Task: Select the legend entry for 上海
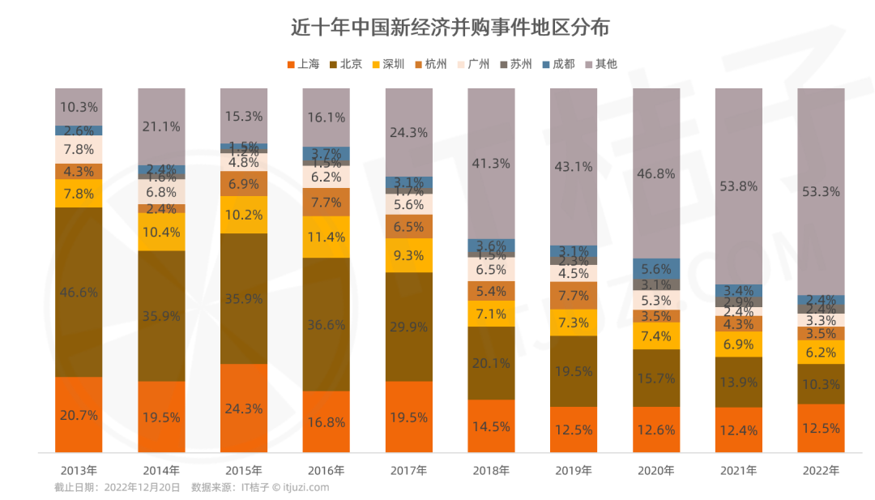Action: (303, 63)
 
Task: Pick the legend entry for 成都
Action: (558, 63)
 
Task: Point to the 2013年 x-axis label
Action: (79, 470)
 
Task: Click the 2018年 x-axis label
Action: (491, 470)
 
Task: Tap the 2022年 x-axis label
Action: (821, 470)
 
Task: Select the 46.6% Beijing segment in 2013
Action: (79, 292)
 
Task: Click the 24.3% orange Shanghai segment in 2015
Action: (244, 408)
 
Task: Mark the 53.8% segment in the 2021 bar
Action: (738, 186)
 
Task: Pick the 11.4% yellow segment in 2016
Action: (327, 237)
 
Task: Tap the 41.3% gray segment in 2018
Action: (491, 163)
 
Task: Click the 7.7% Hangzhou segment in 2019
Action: (574, 296)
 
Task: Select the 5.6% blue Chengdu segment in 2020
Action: (656, 268)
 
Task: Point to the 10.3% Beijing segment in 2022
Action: (821, 384)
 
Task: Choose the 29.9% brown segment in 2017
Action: (409, 327)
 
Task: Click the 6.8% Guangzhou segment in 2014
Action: (161, 192)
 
